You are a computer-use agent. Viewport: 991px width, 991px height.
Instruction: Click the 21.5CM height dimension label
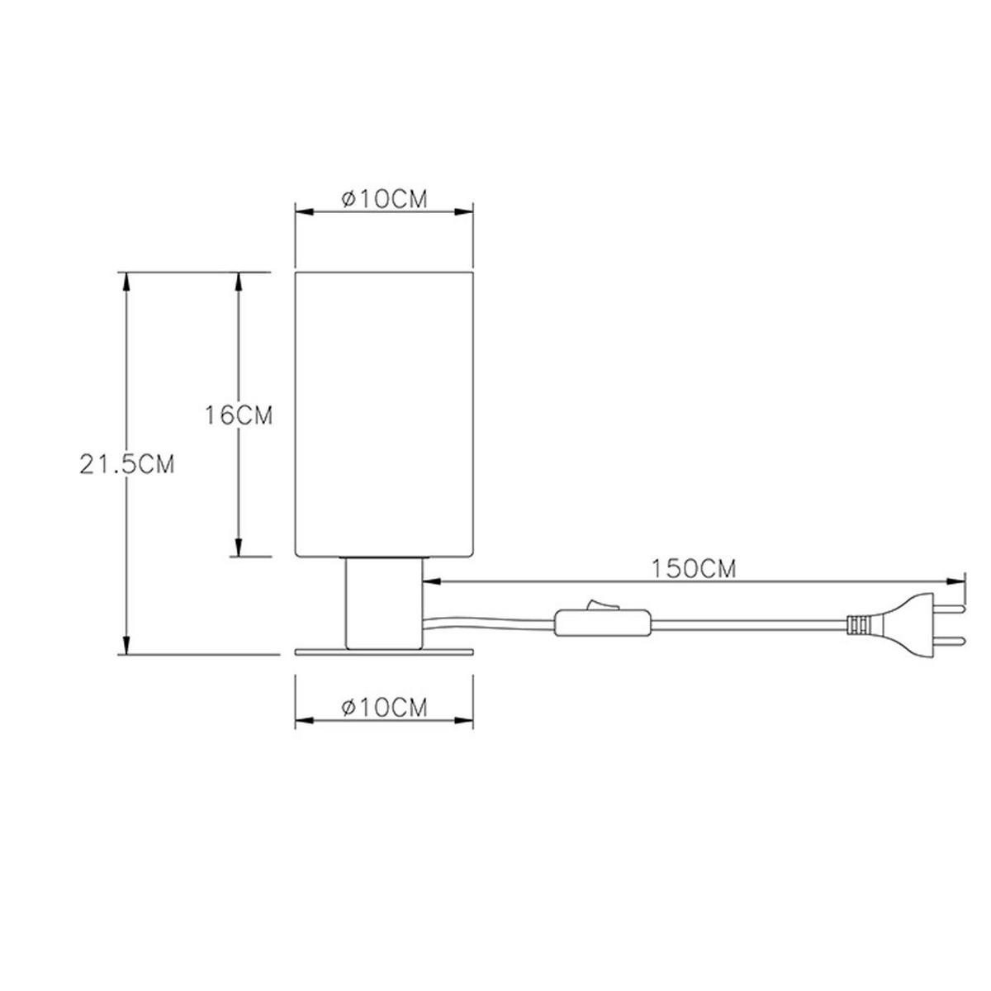coord(127,464)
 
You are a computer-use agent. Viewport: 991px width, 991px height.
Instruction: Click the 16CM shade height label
coord(239,415)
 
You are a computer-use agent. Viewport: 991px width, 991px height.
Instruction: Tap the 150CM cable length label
coord(693,569)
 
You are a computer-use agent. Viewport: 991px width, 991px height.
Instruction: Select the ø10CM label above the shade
coord(384,199)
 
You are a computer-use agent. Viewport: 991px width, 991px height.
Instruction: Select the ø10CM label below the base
coord(384,708)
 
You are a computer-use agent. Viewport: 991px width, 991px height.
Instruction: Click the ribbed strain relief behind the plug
coord(859,625)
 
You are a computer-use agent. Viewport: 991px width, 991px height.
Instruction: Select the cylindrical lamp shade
coord(384,413)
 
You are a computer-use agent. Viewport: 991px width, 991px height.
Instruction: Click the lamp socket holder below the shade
coord(384,603)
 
